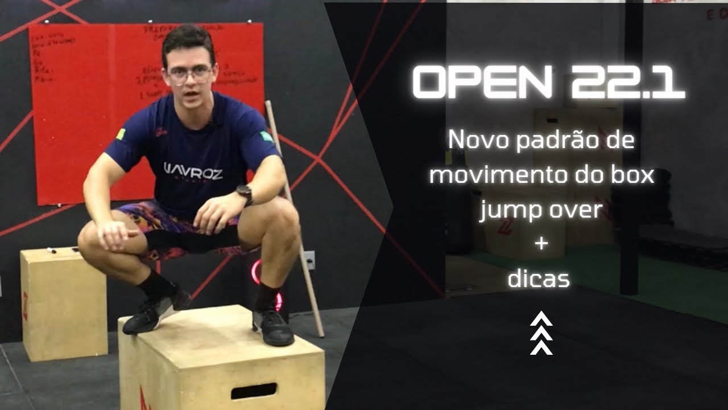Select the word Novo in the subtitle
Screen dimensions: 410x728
477,140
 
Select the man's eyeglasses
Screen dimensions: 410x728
189,75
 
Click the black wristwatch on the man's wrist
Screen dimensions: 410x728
245,194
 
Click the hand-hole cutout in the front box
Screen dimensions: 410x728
254,391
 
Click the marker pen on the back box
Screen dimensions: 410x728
52,250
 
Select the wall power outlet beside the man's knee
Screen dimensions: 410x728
309,260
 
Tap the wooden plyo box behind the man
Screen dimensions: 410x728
63,302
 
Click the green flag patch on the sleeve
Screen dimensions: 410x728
266,137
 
